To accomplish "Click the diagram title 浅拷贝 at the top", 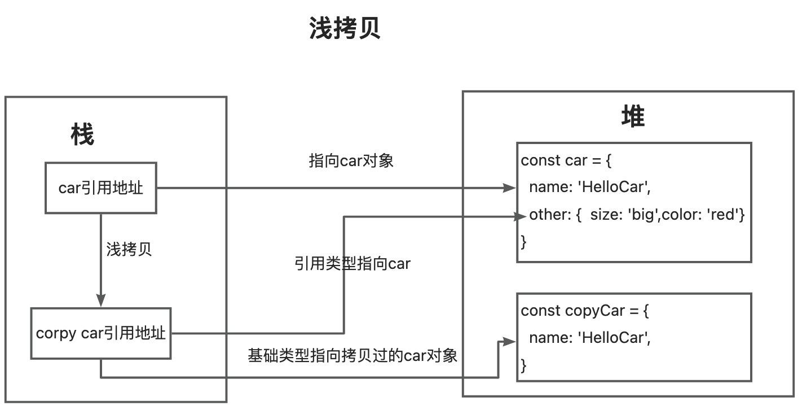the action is [x=345, y=28].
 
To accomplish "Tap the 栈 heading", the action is [x=82, y=134].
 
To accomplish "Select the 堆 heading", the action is [x=633, y=116].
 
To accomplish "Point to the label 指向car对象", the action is [x=351, y=161].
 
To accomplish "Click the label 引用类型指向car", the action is [x=352, y=264].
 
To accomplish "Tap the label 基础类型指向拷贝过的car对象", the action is [x=352, y=356].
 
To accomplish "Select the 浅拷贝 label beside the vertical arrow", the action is [x=129, y=249].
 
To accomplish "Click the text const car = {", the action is [x=566, y=160].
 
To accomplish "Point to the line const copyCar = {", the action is [x=585, y=311].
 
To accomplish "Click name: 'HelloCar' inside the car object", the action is [x=590, y=187].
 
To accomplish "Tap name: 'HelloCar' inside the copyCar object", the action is [x=590, y=338].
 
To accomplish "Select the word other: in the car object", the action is [x=550, y=215].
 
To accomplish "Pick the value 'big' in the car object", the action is [x=644, y=215].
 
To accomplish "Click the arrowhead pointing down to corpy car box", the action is [x=101, y=301].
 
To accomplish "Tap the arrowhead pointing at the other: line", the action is [x=519, y=216].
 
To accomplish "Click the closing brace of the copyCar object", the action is [x=523, y=365].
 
